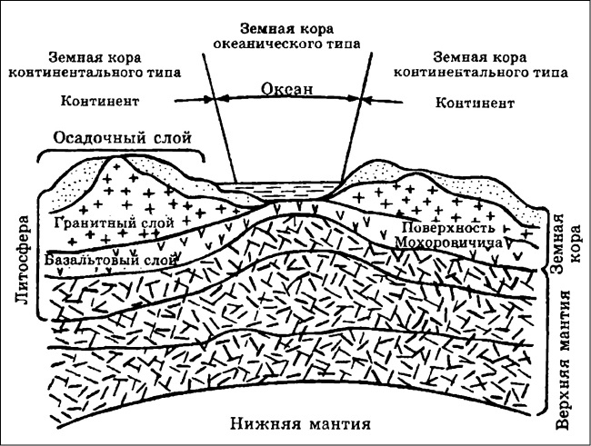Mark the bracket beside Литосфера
click(39, 254)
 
